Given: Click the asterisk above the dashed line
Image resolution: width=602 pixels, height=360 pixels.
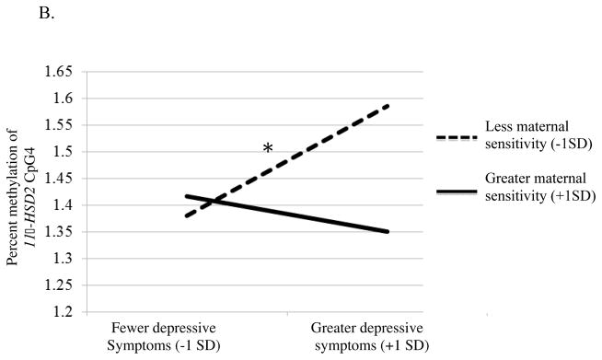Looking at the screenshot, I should pyautogui.click(x=268, y=149).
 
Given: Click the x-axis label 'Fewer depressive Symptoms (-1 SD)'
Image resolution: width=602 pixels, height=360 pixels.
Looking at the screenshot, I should pyautogui.click(x=158, y=335).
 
